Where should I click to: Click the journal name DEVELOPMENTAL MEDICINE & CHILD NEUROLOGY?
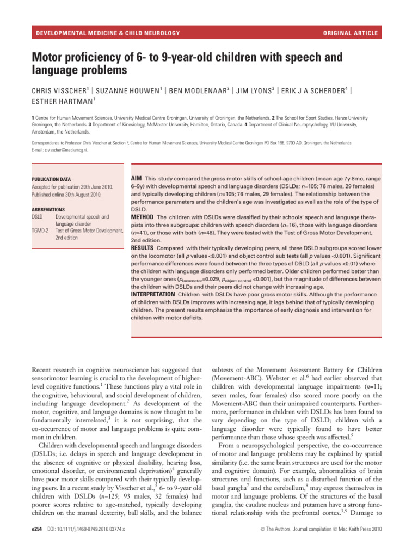click(x=108, y=33)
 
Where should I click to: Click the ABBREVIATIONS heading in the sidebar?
click(x=48, y=209)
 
